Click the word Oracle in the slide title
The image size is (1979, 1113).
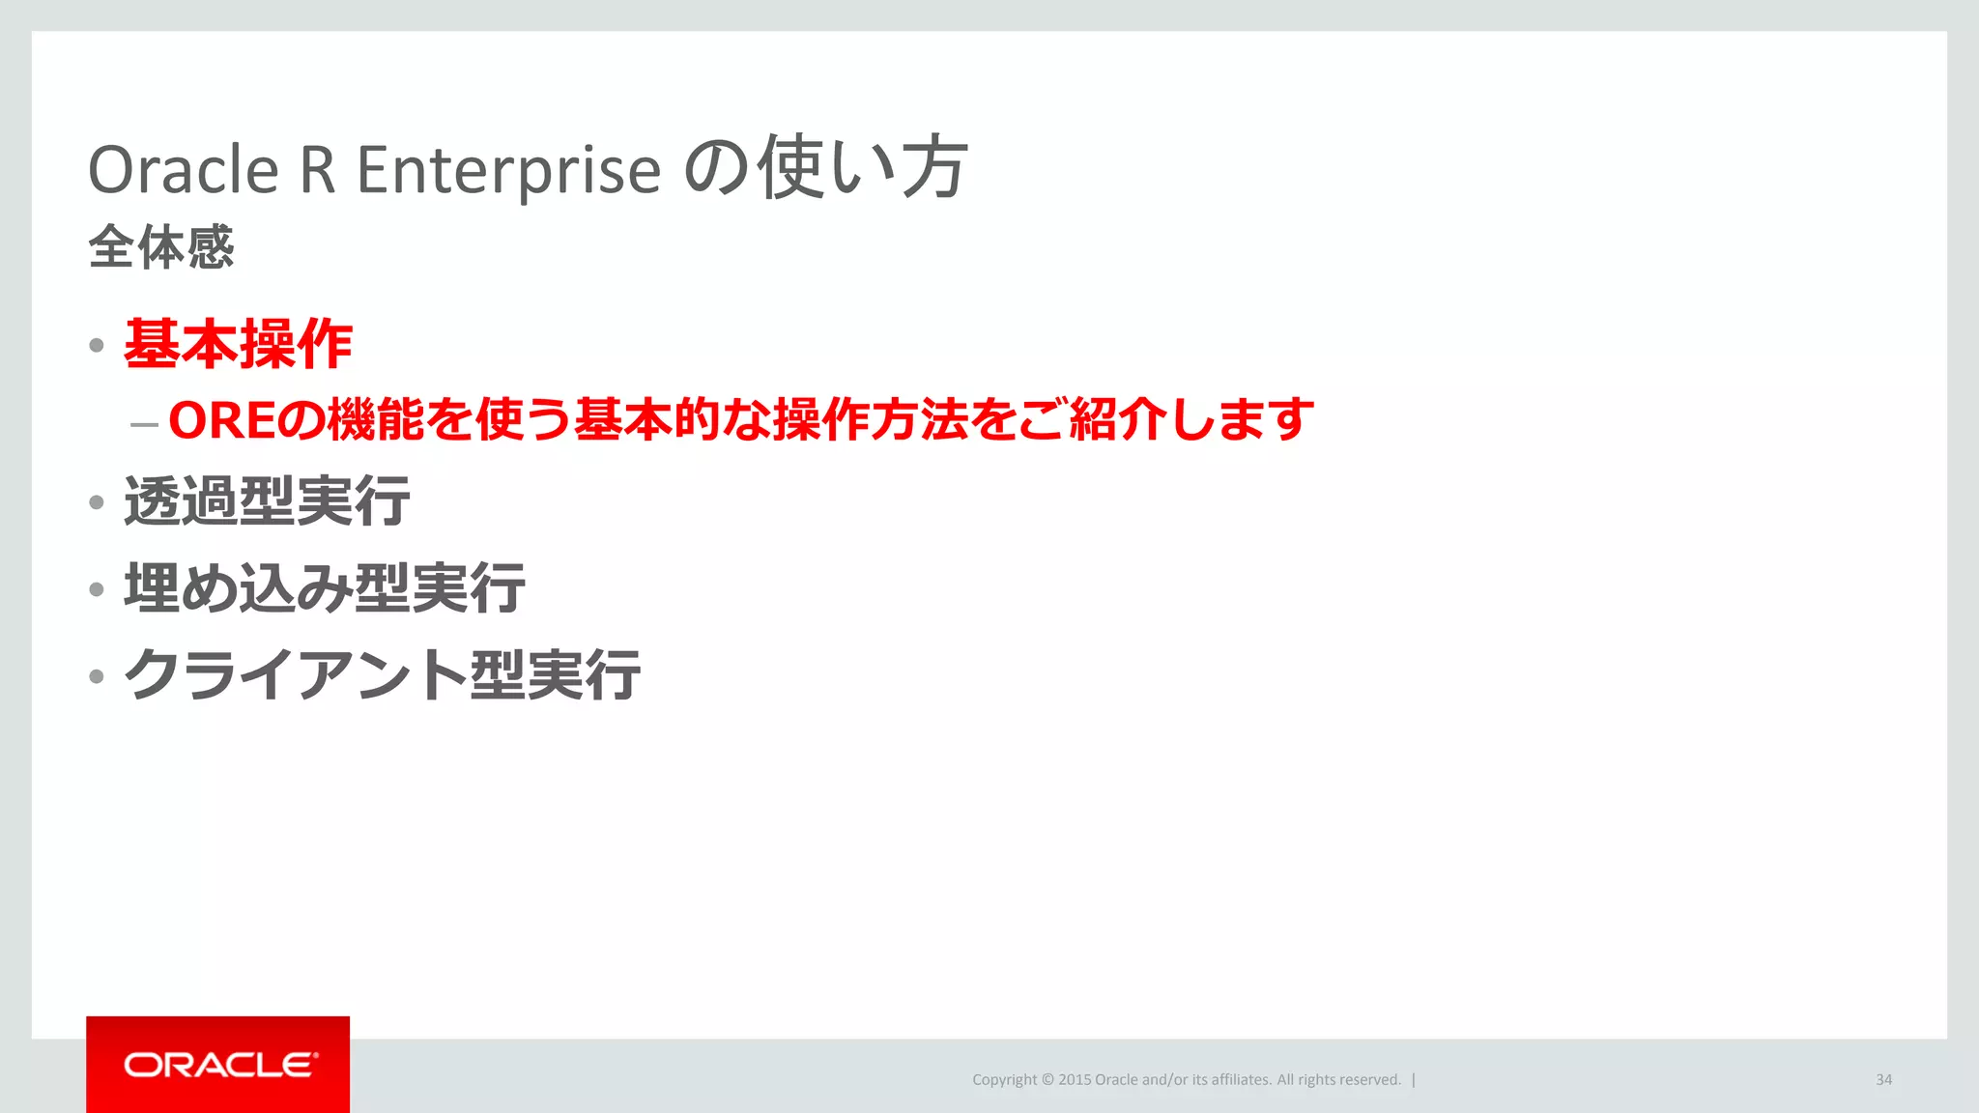pos(184,170)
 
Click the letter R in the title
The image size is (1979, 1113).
pos(318,170)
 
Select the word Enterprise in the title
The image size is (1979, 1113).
pos(508,170)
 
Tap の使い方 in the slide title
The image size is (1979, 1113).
pos(825,168)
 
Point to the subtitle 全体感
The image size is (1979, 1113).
pos(161,246)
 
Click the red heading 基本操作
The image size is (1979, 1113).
pos(239,344)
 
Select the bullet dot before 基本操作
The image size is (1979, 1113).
pos(97,345)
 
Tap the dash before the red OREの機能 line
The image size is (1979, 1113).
pos(144,423)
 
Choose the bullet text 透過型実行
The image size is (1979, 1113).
pos(267,501)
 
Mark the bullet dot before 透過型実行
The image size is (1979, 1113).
pos(97,502)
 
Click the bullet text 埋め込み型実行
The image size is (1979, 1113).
pos(325,587)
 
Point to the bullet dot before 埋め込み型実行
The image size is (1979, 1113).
pos(97,589)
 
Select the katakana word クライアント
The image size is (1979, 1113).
pos(296,674)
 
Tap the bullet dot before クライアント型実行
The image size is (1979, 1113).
pos(97,676)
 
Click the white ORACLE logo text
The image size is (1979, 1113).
pos(220,1065)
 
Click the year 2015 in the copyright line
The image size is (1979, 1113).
pos(1074,1080)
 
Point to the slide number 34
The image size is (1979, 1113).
pos(1883,1080)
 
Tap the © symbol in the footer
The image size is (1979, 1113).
pos(1047,1080)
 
